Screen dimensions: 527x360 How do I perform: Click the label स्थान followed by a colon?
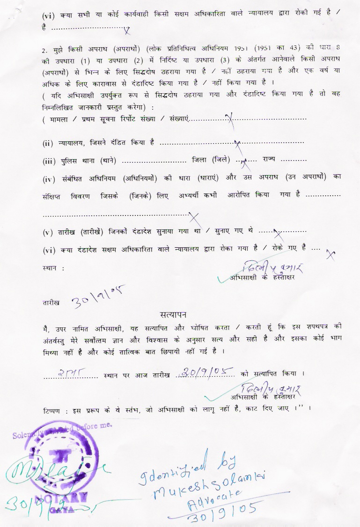(x=52, y=268)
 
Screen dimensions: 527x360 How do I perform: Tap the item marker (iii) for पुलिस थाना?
(x=49, y=162)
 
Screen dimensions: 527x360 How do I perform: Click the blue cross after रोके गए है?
(x=331, y=253)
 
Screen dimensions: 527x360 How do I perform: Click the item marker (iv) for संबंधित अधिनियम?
(x=49, y=178)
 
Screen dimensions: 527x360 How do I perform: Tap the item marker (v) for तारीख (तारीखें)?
(x=48, y=232)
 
